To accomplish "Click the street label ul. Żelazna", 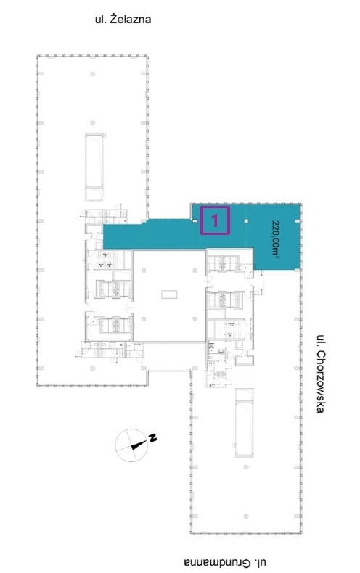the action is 123,19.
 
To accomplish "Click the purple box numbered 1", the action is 215,220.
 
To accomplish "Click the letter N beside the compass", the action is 152,437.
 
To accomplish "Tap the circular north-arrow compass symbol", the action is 131,445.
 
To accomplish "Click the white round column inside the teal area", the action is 246,221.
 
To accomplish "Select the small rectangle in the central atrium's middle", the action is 169,294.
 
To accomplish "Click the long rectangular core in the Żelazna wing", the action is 94,167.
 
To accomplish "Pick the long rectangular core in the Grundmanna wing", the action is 244,422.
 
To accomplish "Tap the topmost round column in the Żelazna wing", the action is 93,74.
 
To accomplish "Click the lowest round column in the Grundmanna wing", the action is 246,516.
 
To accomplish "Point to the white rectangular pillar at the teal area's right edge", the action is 297,221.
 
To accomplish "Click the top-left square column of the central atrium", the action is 144,270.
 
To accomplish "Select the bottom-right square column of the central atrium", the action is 195,319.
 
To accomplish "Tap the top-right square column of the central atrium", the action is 195,270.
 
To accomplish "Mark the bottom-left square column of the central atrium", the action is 144,319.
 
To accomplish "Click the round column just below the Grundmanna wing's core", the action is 246,467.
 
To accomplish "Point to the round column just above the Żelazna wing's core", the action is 93,123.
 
